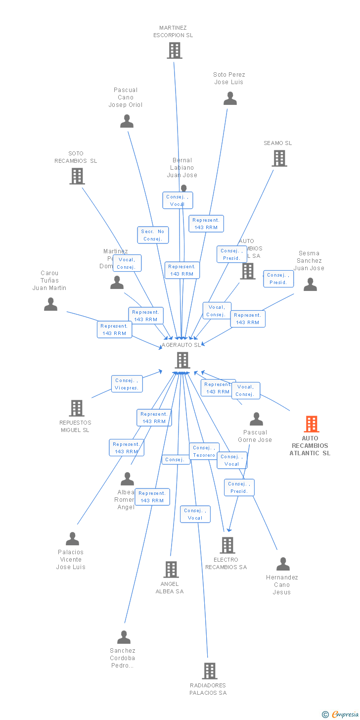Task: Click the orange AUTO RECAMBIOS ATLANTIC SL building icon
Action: click(x=311, y=424)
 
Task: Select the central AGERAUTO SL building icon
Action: click(x=182, y=360)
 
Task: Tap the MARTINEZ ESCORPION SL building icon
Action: click(x=174, y=50)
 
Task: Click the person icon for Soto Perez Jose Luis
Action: click(x=230, y=98)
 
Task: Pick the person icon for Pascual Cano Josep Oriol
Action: click(x=127, y=121)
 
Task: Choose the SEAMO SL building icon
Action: click(x=279, y=158)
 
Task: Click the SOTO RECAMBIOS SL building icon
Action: click(x=77, y=176)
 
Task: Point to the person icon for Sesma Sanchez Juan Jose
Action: click(x=310, y=285)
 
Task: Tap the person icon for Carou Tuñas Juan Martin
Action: click(x=50, y=304)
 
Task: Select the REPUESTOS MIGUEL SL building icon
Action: click(x=77, y=408)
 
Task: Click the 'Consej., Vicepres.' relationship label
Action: click(x=127, y=384)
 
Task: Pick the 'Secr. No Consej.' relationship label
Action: click(x=153, y=235)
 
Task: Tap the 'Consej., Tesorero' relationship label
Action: click(x=204, y=451)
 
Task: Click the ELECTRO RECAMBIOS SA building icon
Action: click(x=227, y=545)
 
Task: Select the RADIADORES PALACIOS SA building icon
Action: click(x=210, y=671)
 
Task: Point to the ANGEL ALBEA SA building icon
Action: click(x=171, y=570)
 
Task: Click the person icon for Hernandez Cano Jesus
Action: click(x=283, y=564)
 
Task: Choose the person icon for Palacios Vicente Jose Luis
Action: click(x=72, y=539)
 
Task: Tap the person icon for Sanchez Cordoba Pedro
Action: click(x=124, y=637)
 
